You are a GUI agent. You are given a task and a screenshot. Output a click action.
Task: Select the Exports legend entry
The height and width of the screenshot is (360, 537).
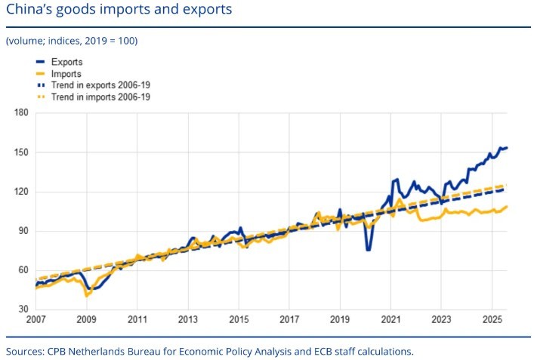pos(68,62)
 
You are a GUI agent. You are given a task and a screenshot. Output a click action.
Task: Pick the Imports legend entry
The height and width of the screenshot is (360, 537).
pos(67,74)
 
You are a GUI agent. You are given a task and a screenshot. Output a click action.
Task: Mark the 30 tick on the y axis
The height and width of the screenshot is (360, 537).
pos(23,309)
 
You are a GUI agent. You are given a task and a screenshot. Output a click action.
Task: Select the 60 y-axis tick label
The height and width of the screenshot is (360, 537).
pos(23,270)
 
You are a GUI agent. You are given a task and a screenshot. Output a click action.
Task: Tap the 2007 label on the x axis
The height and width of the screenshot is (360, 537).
pos(35,319)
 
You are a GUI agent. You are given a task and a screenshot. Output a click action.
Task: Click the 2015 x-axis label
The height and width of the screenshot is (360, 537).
pos(239,319)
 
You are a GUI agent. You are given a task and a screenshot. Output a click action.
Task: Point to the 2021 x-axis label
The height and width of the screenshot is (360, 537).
pos(390,319)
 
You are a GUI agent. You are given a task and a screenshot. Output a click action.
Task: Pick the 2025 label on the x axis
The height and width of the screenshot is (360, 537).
pos(492,319)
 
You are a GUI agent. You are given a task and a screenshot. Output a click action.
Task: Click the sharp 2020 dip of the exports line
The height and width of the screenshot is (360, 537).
pos(368,249)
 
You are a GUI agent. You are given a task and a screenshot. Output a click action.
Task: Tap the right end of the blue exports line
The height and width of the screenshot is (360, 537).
pos(507,148)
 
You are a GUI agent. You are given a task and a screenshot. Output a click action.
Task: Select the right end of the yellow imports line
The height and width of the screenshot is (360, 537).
pos(507,206)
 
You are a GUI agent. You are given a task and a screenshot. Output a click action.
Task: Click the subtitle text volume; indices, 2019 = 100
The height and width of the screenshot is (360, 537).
pos(71,40)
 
